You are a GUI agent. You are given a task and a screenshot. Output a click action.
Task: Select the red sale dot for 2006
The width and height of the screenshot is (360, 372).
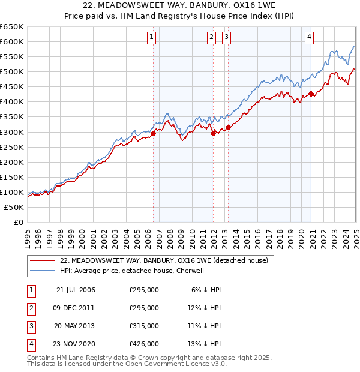[x=154, y=133]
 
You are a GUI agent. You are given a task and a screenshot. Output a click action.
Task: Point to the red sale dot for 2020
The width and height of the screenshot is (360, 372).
[x=311, y=94]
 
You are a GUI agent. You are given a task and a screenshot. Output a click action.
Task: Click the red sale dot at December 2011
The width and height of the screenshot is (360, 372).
[x=213, y=133]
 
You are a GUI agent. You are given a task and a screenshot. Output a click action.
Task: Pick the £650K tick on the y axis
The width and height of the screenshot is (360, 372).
[x=12, y=27]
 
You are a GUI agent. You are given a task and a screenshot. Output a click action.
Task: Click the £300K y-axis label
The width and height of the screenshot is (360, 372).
[x=12, y=132]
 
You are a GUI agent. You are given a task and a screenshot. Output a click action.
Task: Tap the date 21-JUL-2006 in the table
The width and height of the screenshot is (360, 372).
[x=76, y=290]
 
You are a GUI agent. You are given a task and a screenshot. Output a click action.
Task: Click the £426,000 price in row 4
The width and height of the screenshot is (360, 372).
[x=144, y=344]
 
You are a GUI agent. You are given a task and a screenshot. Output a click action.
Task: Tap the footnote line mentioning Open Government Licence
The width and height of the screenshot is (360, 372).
[x=127, y=364]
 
